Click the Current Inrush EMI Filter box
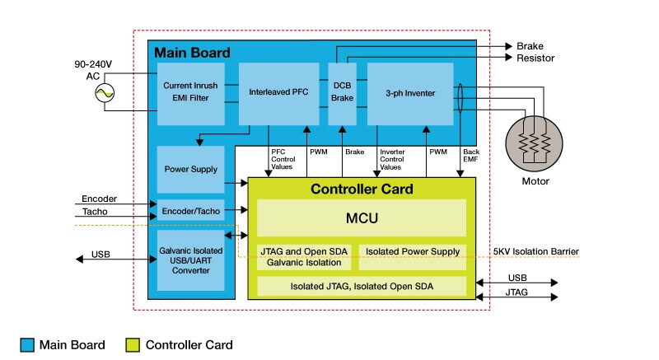[190, 93]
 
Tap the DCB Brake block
[342, 93]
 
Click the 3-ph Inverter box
[410, 93]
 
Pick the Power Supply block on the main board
[190, 169]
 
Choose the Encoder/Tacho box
[190, 211]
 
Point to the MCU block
[362, 219]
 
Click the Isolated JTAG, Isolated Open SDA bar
[362, 286]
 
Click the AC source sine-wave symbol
[105, 95]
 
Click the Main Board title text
[191, 52]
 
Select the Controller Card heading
[362, 189]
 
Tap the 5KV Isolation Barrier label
[535, 251]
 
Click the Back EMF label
[470, 156]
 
